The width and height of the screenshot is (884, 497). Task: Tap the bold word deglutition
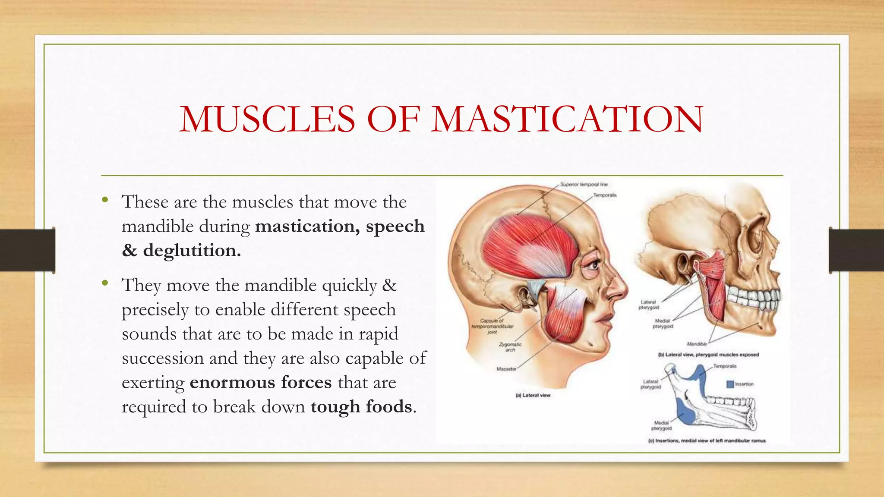pos(192,251)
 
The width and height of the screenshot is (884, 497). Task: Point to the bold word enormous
pos(232,383)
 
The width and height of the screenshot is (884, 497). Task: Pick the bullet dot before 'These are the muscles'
pos(105,200)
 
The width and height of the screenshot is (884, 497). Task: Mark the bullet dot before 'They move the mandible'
pos(105,283)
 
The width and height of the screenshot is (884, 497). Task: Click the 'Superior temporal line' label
pos(584,185)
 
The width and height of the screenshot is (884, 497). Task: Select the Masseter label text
pos(506,369)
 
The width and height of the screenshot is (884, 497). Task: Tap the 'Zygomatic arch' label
pos(510,347)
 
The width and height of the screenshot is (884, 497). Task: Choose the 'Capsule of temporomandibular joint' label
pos(493,327)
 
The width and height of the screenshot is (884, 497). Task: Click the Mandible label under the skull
pos(697,344)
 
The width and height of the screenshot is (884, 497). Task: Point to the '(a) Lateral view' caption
pos(533,395)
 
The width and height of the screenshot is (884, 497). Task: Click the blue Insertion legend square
pos(730,384)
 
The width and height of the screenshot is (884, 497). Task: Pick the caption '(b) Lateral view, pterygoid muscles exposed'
pos(708,355)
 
